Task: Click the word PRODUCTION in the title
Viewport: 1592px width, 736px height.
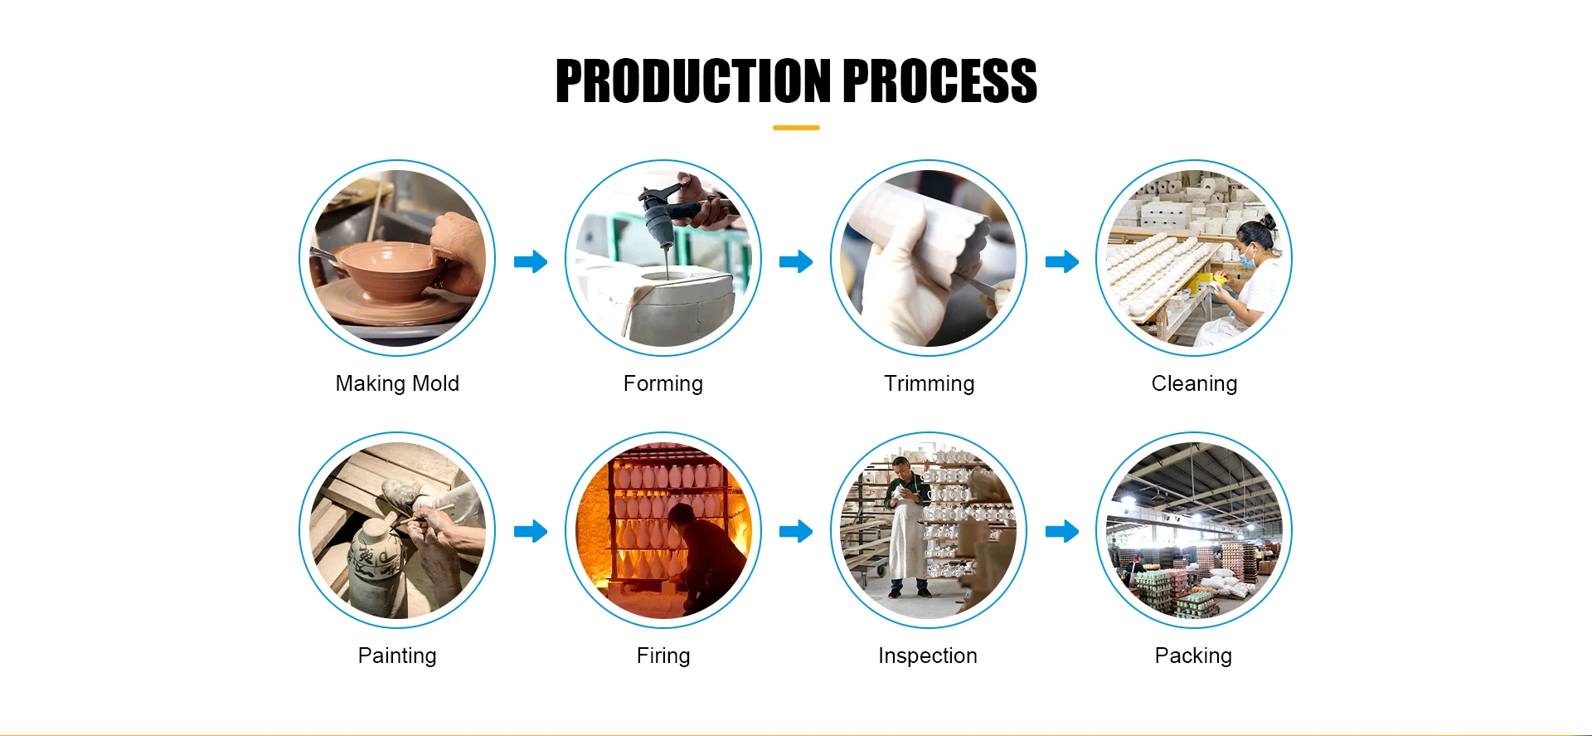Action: click(693, 81)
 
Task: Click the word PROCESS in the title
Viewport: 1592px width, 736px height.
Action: click(940, 81)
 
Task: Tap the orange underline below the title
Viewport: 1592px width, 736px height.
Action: click(796, 128)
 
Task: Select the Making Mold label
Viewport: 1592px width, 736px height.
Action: click(397, 383)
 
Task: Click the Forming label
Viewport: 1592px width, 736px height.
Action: click(663, 384)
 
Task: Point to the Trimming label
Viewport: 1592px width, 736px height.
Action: click(929, 384)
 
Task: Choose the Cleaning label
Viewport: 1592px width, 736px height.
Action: click(1194, 384)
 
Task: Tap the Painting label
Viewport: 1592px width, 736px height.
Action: click(397, 656)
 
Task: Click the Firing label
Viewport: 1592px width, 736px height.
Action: click(663, 656)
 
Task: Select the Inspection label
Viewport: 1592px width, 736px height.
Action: click(928, 656)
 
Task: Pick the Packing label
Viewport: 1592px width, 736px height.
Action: click(1193, 656)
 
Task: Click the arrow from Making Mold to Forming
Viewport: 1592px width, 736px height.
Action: click(531, 261)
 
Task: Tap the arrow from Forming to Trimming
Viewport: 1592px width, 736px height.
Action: click(796, 261)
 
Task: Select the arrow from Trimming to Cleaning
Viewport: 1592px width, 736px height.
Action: click(1062, 261)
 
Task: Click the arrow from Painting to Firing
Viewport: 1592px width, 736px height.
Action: click(531, 531)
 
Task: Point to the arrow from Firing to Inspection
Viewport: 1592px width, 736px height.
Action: click(796, 531)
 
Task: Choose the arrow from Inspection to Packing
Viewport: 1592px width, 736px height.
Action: click(1062, 531)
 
